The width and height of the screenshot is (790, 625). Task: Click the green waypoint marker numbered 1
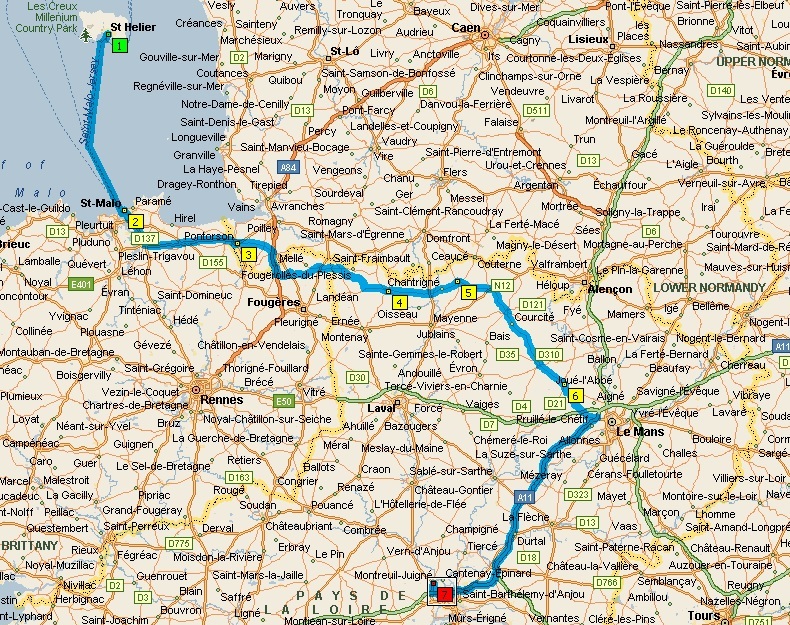point(120,45)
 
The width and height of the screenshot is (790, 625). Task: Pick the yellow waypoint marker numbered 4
point(399,302)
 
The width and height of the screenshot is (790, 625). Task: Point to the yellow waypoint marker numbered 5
point(468,292)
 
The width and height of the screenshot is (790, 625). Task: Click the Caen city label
point(466,28)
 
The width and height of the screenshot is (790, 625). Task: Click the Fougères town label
point(272,301)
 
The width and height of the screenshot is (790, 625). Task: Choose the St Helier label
point(132,27)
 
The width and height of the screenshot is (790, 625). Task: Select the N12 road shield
point(503,287)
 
